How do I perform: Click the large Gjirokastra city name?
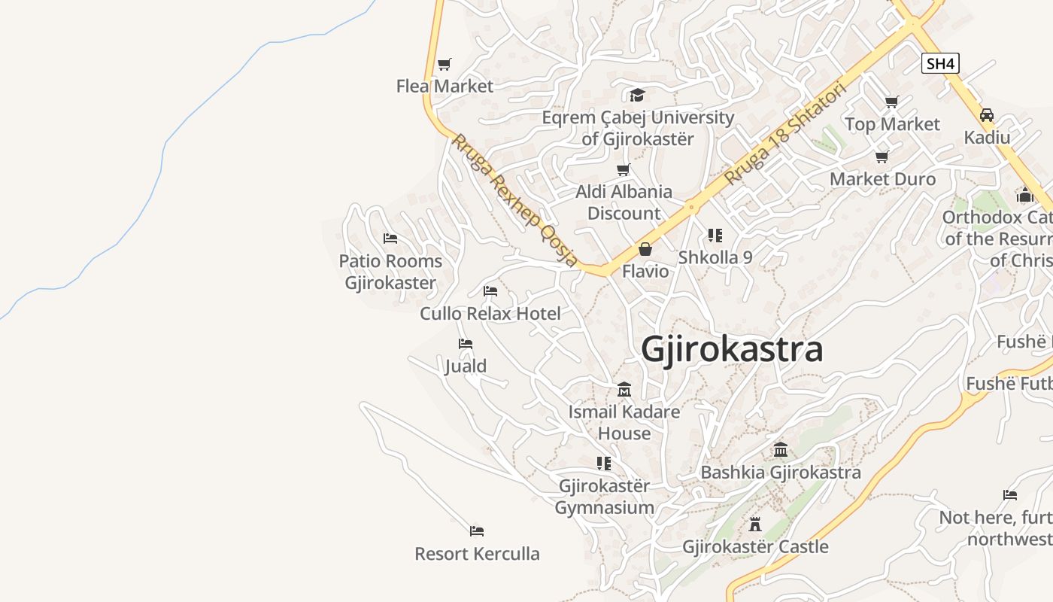[732, 350]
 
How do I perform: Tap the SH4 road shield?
[940, 63]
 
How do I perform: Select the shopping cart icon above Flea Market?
[445, 64]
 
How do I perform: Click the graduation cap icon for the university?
[637, 95]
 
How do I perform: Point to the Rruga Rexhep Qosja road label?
[515, 200]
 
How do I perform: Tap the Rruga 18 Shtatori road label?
[786, 133]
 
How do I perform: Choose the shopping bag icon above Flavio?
[645, 248]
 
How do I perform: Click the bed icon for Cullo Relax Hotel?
[490, 290]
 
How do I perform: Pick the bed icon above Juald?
[466, 344]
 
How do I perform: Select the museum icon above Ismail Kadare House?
[624, 390]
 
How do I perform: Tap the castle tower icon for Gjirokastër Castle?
[755, 524]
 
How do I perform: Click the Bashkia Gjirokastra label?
[781, 473]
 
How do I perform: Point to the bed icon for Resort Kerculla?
[477, 531]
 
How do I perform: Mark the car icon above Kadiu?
[987, 115]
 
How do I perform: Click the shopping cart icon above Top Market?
[892, 102]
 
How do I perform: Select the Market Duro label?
[882, 179]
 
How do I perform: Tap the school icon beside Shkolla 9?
[715, 236]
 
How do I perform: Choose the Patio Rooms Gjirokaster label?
[390, 272]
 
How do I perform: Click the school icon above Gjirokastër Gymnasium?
[604, 463]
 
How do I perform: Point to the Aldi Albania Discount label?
[624, 202]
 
